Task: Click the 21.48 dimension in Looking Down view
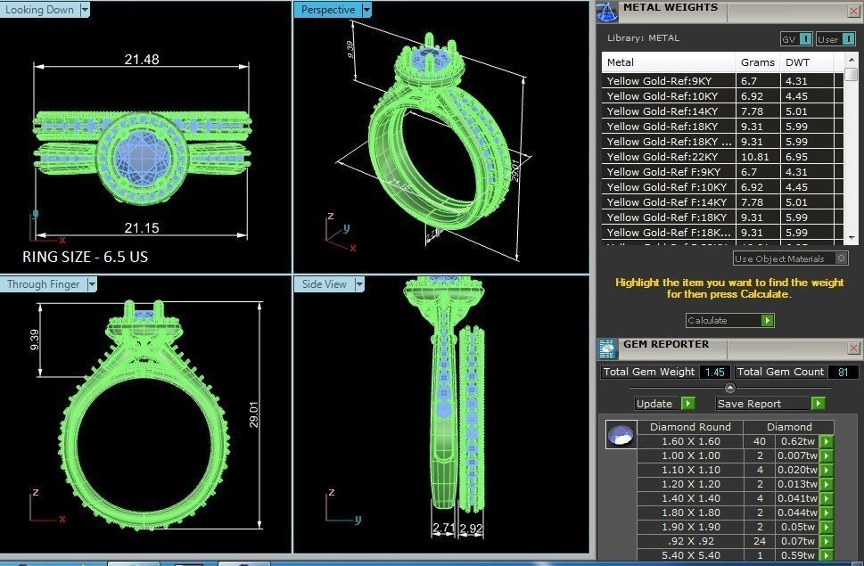pos(142,59)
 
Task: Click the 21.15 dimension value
pos(142,228)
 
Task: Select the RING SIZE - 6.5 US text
pos(86,257)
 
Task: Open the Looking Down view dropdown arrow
pos(85,10)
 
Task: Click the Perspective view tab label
pos(327,10)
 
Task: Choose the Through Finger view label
pos(44,284)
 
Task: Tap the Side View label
pos(325,284)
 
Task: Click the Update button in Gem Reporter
pos(654,404)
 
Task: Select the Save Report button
pos(750,404)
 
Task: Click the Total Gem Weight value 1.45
pos(713,373)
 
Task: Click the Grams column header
pos(757,62)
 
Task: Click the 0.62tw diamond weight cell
pos(795,441)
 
